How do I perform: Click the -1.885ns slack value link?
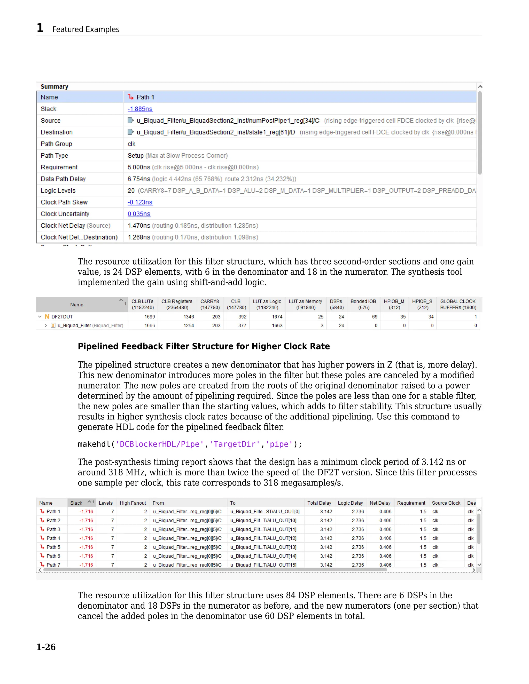(x=140, y=109)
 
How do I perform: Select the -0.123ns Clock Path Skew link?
(x=140, y=202)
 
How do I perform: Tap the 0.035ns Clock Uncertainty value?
(x=139, y=214)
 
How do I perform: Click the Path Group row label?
(x=56, y=144)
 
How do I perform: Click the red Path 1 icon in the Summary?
(x=131, y=97)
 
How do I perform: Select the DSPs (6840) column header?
(x=337, y=304)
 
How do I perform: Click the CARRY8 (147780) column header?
(x=210, y=304)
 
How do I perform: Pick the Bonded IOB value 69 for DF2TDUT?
(x=375, y=317)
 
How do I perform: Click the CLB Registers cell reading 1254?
(x=189, y=326)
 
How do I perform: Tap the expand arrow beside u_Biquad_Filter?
(x=46, y=326)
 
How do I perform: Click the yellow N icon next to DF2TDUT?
(x=47, y=317)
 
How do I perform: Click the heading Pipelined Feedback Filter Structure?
(x=204, y=346)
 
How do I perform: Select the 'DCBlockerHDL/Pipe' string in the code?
(x=160, y=444)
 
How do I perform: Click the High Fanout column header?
(x=133, y=503)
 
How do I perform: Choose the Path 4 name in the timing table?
(x=53, y=538)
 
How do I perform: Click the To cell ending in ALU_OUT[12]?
(x=263, y=538)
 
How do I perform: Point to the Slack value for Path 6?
(x=86, y=556)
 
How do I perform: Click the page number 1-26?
(x=46, y=647)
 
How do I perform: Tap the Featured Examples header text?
(x=86, y=29)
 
